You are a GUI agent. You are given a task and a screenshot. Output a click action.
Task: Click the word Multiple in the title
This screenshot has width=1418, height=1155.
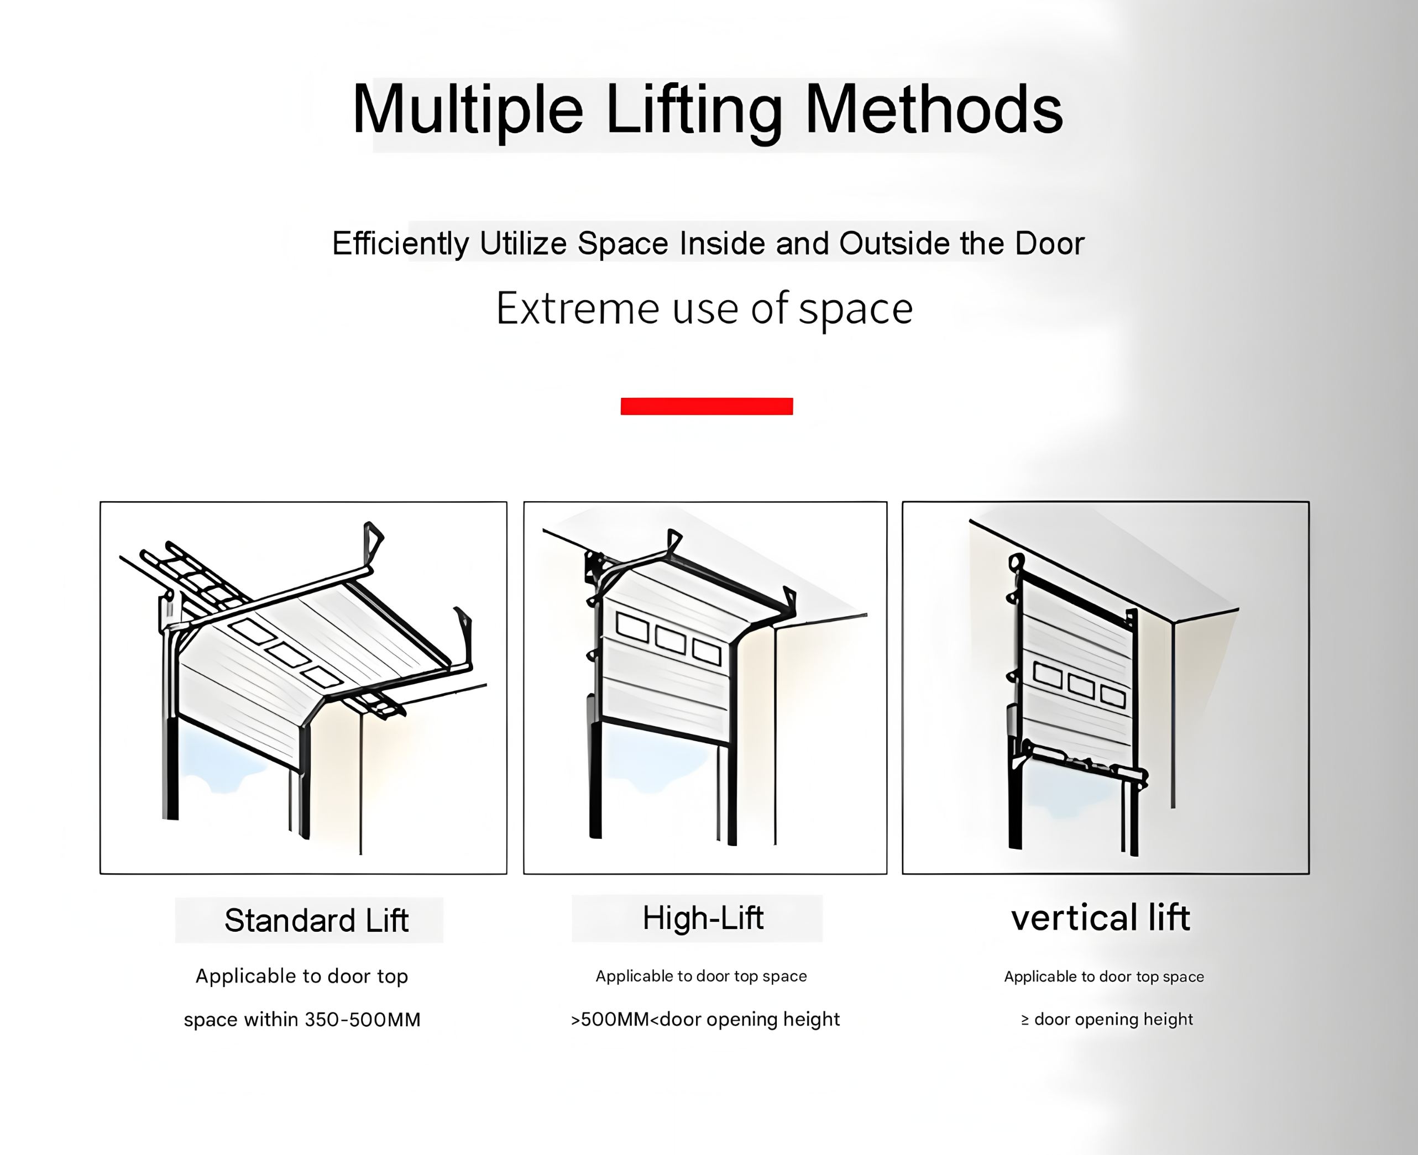(468, 111)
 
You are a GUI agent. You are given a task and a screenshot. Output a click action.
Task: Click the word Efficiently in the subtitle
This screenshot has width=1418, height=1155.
(401, 244)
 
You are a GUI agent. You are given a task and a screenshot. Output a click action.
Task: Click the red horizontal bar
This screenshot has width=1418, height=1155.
(707, 406)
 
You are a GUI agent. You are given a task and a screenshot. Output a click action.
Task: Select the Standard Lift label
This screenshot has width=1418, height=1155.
(316, 920)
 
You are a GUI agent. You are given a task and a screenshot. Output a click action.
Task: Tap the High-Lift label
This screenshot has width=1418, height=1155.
(703, 918)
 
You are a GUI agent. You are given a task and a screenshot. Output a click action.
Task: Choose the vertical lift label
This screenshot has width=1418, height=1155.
(1101, 918)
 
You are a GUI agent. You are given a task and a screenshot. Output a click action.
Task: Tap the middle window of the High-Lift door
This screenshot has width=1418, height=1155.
(671, 639)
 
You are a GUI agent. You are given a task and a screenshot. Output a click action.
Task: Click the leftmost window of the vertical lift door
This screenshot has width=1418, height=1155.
(1048, 676)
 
